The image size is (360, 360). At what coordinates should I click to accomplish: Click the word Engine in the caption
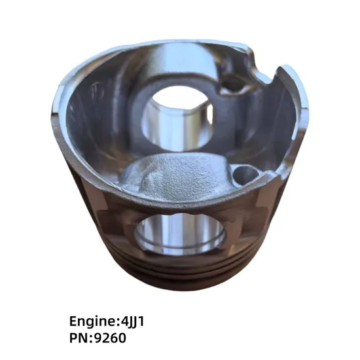pos(92,322)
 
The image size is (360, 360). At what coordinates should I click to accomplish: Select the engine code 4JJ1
pos(135,322)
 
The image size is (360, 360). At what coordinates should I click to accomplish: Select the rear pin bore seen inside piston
pos(176,118)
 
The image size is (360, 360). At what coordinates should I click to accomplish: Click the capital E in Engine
pos(73,322)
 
